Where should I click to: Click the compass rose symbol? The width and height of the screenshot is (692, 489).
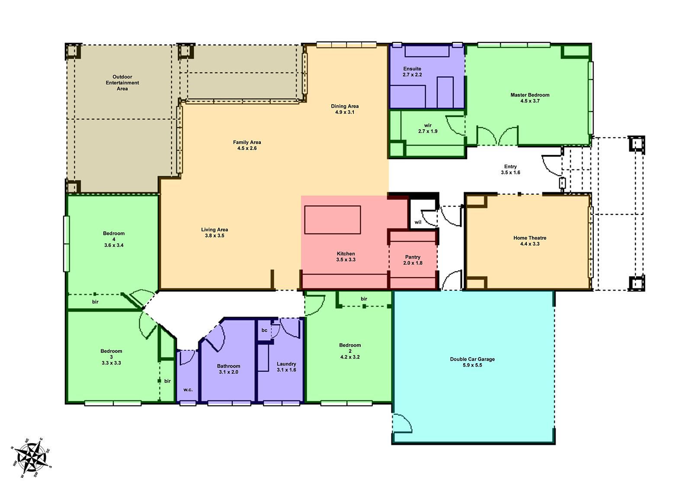(x=30, y=458)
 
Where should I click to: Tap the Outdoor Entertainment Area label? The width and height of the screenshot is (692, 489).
(x=122, y=83)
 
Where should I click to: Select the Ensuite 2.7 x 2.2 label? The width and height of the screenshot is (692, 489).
(x=412, y=72)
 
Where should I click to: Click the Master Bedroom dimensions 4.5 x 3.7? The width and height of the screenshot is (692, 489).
(x=530, y=101)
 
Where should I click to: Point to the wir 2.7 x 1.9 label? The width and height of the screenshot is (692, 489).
(x=428, y=128)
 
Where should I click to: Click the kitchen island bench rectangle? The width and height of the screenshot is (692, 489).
(x=332, y=220)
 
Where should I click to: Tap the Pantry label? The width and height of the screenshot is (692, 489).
(x=413, y=257)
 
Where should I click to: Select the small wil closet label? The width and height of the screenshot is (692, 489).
(x=418, y=222)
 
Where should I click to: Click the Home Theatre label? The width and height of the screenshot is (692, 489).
(x=530, y=238)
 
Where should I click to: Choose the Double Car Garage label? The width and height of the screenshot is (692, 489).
(x=472, y=359)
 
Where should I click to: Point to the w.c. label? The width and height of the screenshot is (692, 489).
(x=188, y=390)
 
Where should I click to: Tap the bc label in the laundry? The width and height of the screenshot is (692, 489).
(x=264, y=330)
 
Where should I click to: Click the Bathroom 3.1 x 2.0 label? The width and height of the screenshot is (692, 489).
(x=228, y=369)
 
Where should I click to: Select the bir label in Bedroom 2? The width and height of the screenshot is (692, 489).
(x=364, y=299)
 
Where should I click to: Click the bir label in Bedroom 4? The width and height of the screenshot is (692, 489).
(x=95, y=302)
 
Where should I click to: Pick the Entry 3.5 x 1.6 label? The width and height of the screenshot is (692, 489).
(x=510, y=169)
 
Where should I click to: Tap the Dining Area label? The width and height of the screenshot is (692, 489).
(x=345, y=106)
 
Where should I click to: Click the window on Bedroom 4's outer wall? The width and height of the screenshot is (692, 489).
(x=67, y=244)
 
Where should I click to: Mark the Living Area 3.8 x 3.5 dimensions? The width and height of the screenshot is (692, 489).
(x=215, y=236)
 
